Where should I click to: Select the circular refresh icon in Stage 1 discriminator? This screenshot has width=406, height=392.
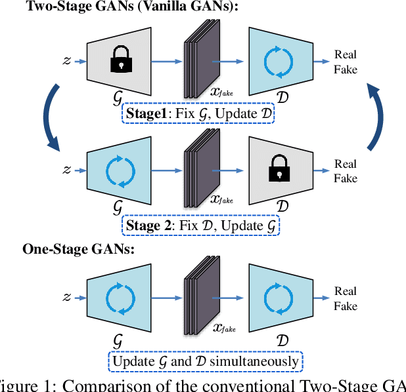click(x=281, y=61)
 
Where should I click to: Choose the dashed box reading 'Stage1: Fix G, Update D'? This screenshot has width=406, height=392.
click(x=198, y=115)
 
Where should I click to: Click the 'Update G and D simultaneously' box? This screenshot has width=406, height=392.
click(x=205, y=361)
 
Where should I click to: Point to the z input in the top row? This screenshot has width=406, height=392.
click(x=66, y=61)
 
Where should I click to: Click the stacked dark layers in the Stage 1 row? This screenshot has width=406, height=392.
click(x=199, y=59)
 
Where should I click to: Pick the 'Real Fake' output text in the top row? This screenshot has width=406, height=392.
click(x=346, y=62)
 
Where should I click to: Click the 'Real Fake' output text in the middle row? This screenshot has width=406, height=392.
click(x=346, y=171)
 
